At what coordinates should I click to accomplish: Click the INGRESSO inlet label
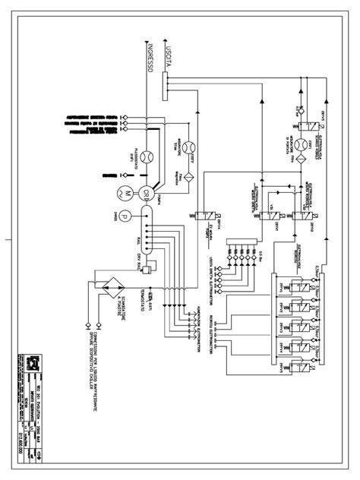[x=152, y=56]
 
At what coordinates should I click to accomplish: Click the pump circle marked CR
[x=146, y=192]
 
